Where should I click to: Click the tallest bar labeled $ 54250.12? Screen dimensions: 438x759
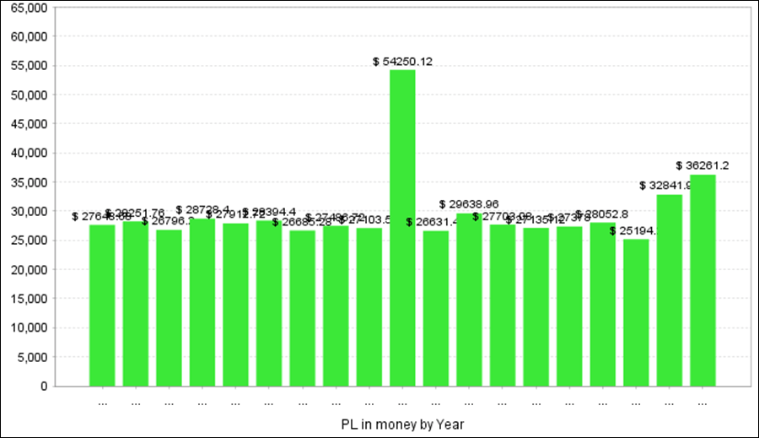coord(402,228)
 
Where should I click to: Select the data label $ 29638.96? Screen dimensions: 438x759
coord(469,204)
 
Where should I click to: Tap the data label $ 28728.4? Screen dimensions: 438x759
coord(202,209)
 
